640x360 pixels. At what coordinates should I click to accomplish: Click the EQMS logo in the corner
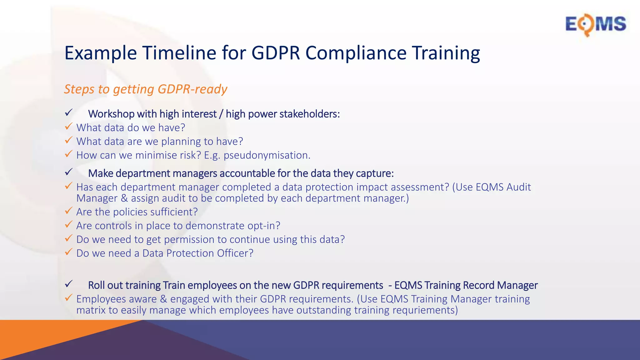point(595,24)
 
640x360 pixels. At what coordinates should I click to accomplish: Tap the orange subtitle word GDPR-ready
point(192,89)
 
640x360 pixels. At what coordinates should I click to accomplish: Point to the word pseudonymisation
point(266,155)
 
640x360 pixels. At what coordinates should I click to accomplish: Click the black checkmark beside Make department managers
point(68,172)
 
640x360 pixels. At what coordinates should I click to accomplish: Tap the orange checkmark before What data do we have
point(68,127)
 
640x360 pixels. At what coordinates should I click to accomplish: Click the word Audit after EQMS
point(518,187)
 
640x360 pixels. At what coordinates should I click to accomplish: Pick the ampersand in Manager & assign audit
point(124,198)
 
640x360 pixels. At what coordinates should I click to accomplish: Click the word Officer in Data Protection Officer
point(235,253)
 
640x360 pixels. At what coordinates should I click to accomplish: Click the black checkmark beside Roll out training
point(68,284)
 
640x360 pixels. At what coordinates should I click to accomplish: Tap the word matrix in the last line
point(91,310)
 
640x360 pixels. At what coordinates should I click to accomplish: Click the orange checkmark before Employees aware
point(68,298)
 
